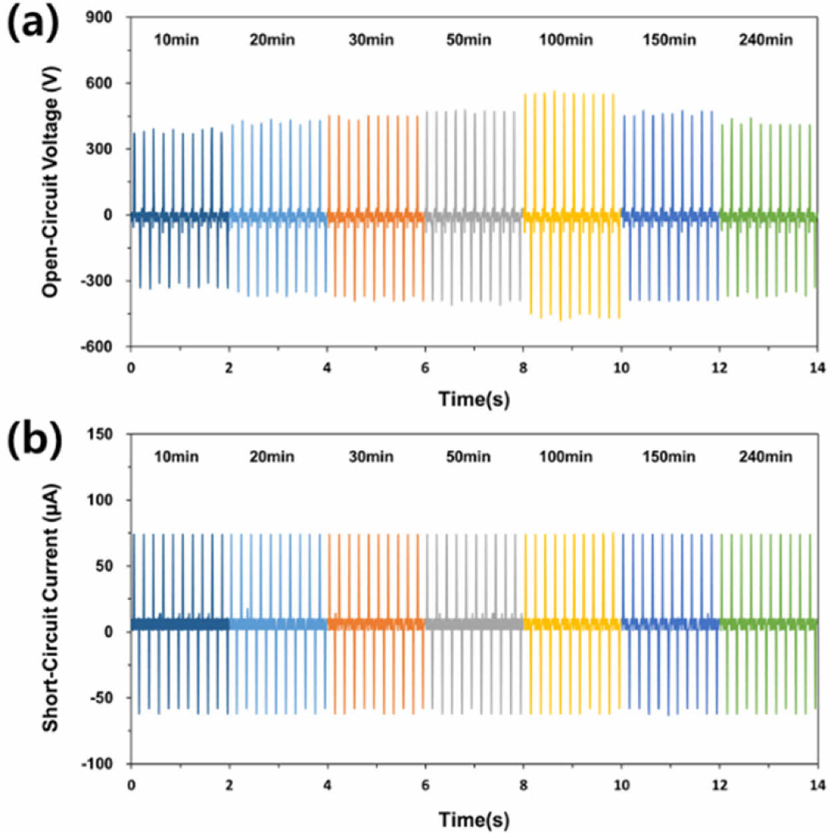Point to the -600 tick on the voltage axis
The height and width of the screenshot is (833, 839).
coord(97,347)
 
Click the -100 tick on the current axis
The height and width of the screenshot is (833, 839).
coord(97,764)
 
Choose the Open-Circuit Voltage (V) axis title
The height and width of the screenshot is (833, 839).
coord(50,181)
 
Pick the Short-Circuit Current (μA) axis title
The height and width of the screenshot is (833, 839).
coord(50,608)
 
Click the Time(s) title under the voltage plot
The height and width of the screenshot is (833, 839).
coord(473,399)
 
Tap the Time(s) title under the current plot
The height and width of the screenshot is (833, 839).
coord(473,819)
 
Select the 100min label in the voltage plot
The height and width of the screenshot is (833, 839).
coord(565,40)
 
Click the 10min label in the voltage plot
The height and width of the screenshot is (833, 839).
coord(176,40)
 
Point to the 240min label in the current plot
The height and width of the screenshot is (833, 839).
coord(765,457)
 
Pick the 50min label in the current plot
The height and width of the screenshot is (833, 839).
coord(468,457)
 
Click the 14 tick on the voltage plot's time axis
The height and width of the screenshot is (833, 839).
coord(817,368)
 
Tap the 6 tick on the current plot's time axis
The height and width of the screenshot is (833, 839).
coord(425,785)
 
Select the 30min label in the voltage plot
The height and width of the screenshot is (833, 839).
coord(371,40)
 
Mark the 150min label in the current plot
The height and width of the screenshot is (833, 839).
coord(669,457)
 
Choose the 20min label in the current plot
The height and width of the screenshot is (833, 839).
coord(272,457)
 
